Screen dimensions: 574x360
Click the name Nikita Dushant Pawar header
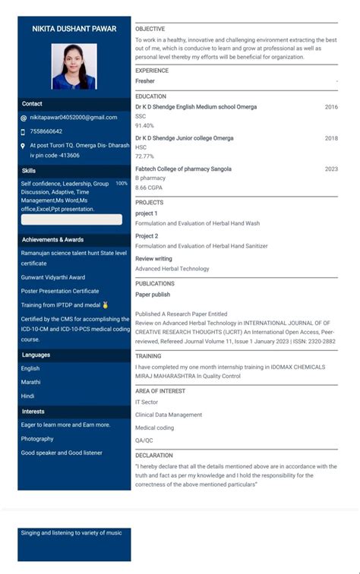pyautogui.click(x=74, y=28)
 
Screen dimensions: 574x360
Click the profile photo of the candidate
pyautogui.click(x=74, y=66)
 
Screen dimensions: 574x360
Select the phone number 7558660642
pyautogui.click(x=46, y=131)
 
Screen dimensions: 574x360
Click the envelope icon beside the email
pyautogui.click(x=23, y=118)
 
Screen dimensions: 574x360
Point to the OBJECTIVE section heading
pyautogui.click(x=150, y=29)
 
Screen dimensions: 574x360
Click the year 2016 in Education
pyautogui.click(x=331, y=107)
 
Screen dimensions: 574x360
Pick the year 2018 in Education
pyautogui.click(x=331, y=138)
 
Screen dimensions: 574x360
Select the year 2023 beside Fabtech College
pyautogui.click(x=331, y=169)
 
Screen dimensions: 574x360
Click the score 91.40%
pyautogui.click(x=144, y=125)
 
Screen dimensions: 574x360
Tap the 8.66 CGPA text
pyautogui.click(x=148, y=188)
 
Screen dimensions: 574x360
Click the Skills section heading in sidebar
pyautogui.click(x=29, y=171)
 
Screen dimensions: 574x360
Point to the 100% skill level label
pyautogui.click(x=122, y=184)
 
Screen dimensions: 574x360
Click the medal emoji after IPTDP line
pyautogui.click(x=106, y=304)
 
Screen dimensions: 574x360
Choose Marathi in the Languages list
pyautogui.click(x=31, y=382)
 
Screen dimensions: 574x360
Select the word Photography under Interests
pyautogui.click(x=37, y=439)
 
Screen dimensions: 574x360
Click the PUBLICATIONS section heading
pyautogui.click(x=155, y=283)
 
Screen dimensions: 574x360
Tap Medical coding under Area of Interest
pyautogui.click(x=154, y=427)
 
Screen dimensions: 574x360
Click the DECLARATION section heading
pyautogui.click(x=154, y=456)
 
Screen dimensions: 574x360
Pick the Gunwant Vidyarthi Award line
pyautogui.click(x=53, y=277)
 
